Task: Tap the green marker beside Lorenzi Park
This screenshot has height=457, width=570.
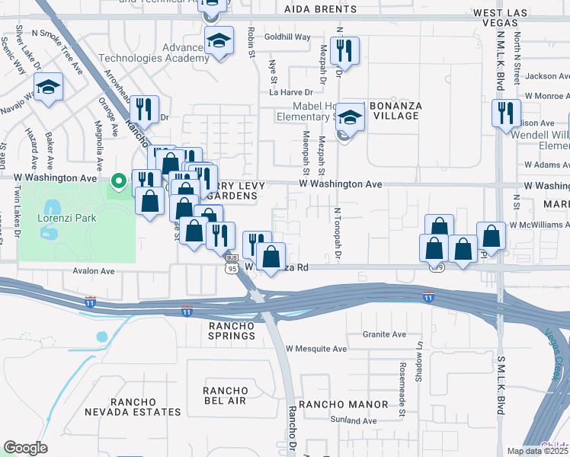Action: click(x=118, y=181)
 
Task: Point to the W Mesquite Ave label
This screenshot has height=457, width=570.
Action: click(x=315, y=349)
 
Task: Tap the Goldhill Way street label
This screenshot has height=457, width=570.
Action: click(x=287, y=37)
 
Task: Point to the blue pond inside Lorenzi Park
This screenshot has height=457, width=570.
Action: click(x=51, y=208)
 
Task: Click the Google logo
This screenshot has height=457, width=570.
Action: click(x=25, y=448)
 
